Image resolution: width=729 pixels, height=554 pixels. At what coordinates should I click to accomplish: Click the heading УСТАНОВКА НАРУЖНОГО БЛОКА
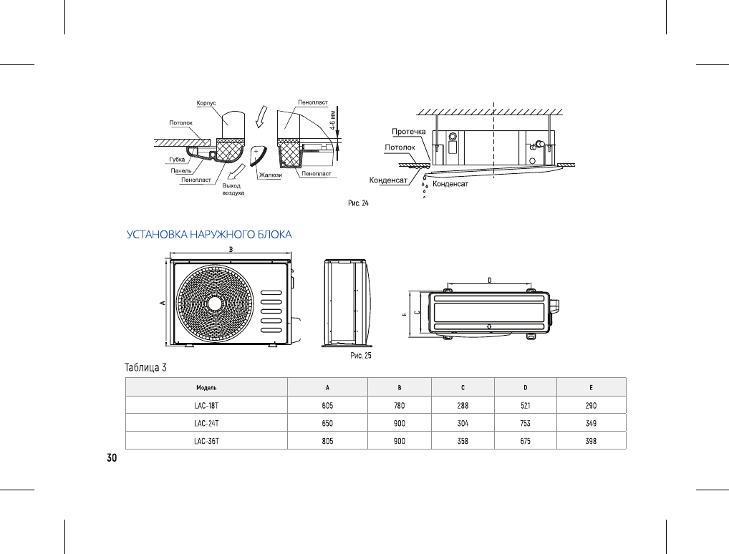pyautogui.click(x=209, y=234)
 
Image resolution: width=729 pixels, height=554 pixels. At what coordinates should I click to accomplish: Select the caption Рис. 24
pyautogui.click(x=358, y=203)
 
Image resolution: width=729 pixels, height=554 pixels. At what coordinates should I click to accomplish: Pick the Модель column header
pyautogui.click(x=206, y=387)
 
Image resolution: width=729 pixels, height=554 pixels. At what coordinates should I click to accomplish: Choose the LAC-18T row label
pyautogui.click(x=206, y=405)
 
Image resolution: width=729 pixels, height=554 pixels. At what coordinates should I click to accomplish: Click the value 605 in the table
pyautogui.click(x=327, y=405)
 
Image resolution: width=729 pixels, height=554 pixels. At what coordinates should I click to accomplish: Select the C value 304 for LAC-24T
pyautogui.click(x=463, y=423)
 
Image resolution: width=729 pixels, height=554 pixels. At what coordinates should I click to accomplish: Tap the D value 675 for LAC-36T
pyautogui.click(x=525, y=441)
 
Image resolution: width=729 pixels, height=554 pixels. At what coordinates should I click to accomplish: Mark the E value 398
pyautogui.click(x=591, y=441)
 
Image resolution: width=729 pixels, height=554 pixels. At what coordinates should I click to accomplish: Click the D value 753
pyautogui.click(x=525, y=423)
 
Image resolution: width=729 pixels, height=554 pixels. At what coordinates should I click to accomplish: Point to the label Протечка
pyautogui.click(x=409, y=132)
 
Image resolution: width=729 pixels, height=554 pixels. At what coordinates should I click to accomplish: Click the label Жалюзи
pyautogui.click(x=270, y=174)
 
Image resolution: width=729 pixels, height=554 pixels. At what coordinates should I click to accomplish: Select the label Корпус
pyautogui.click(x=206, y=104)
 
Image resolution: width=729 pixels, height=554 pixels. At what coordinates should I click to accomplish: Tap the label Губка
pyautogui.click(x=177, y=159)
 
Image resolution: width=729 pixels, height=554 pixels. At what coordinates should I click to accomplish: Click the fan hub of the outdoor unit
pyautogui.click(x=214, y=302)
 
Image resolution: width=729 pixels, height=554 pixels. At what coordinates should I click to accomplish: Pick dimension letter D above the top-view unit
pyautogui.click(x=489, y=279)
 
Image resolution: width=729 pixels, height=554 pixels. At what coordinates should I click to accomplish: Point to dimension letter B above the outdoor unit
pyautogui.click(x=230, y=249)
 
